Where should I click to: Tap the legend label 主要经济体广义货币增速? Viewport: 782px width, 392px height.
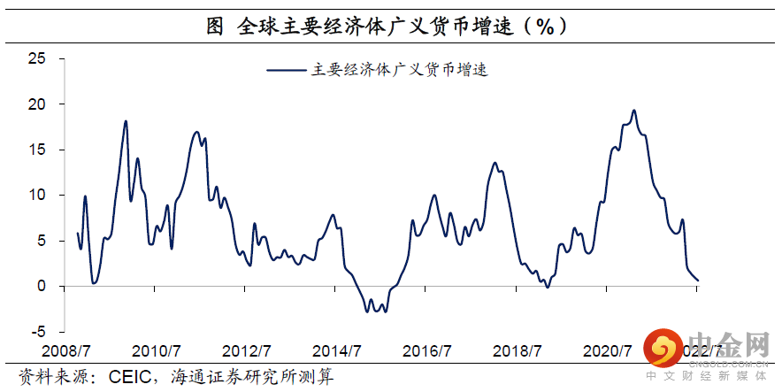(x=400, y=70)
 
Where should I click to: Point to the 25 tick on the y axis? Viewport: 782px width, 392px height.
(x=35, y=58)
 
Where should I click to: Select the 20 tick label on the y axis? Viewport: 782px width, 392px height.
(x=35, y=104)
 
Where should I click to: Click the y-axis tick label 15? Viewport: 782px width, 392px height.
(x=35, y=150)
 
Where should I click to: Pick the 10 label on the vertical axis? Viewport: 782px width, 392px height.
(x=35, y=196)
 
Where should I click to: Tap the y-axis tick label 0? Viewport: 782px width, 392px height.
(x=40, y=287)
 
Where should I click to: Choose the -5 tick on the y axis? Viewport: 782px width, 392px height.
(x=37, y=332)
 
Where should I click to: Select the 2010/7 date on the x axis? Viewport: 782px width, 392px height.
(x=157, y=351)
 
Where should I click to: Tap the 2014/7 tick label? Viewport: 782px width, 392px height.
(x=338, y=351)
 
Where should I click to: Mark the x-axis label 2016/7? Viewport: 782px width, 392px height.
(x=428, y=351)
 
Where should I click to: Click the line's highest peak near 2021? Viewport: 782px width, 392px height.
(x=633, y=111)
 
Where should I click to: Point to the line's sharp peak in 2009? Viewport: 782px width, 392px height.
(x=126, y=121)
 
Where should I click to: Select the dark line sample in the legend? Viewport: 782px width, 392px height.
(x=286, y=69)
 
